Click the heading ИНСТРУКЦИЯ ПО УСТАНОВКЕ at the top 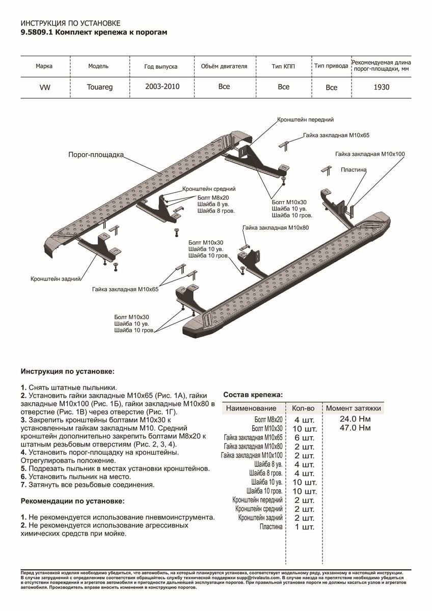click(70, 23)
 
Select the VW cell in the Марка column click(44, 87)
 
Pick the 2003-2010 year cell click(162, 87)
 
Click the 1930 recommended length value click(381, 87)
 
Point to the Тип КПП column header click(283, 67)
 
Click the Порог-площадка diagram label click(96, 155)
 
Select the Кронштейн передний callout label click(306, 120)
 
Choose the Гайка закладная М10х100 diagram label click(370, 153)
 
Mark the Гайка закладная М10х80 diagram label click(276, 229)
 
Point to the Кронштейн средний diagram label click(206, 188)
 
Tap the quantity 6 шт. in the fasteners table click(304, 437)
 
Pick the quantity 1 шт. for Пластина click(304, 527)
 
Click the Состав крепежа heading click(253, 395)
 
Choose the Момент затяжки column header click(353, 408)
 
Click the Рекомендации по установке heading click(72, 502)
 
